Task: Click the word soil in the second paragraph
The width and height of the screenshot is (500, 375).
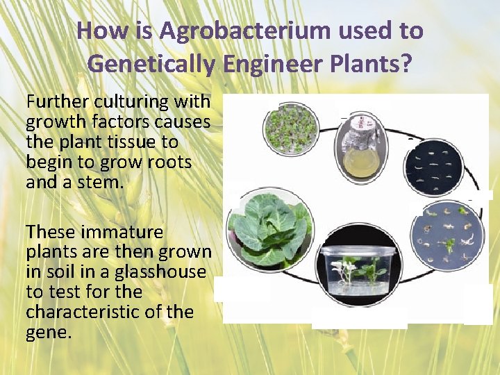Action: coord(60,272)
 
